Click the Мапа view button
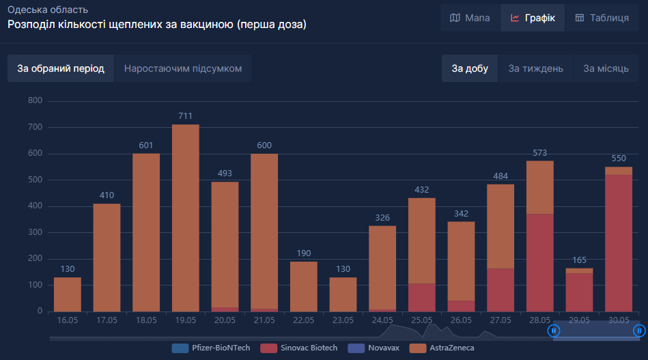tap(470, 18)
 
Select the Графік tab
tap(533, 18)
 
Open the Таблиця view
tap(602, 18)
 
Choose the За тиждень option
tap(535, 68)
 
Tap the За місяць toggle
tap(606, 68)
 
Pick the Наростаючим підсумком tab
tap(182, 68)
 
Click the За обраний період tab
tap(61, 68)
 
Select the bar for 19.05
tap(186, 219)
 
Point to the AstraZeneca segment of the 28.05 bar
tap(539, 187)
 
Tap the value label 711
tap(186, 116)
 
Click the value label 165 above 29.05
tap(579, 260)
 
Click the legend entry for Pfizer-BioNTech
tap(211, 348)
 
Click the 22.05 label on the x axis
tap(303, 320)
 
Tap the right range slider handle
tap(639, 331)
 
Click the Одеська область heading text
tap(48, 10)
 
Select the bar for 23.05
tap(343, 294)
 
